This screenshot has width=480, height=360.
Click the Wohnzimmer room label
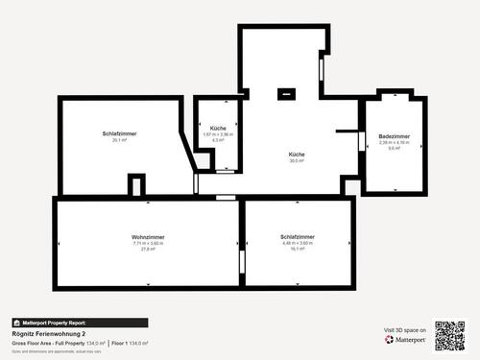(x=148, y=236)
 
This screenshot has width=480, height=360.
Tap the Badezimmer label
(x=394, y=136)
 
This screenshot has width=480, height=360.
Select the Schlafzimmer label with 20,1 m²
(x=119, y=132)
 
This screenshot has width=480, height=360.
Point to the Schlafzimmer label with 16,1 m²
(x=298, y=236)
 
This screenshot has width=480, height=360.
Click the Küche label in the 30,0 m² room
(x=297, y=154)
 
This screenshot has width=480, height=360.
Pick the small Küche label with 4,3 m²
(x=218, y=128)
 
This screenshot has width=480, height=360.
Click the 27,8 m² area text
(x=148, y=249)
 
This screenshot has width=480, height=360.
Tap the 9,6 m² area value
(x=394, y=149)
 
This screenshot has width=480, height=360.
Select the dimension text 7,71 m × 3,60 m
(x=148, y=243)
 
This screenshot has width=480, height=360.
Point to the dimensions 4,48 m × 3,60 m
(x=298, y=243)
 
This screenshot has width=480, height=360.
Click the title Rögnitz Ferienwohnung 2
(x=43, y=333)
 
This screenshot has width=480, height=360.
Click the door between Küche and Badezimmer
(x=362, y=141)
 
